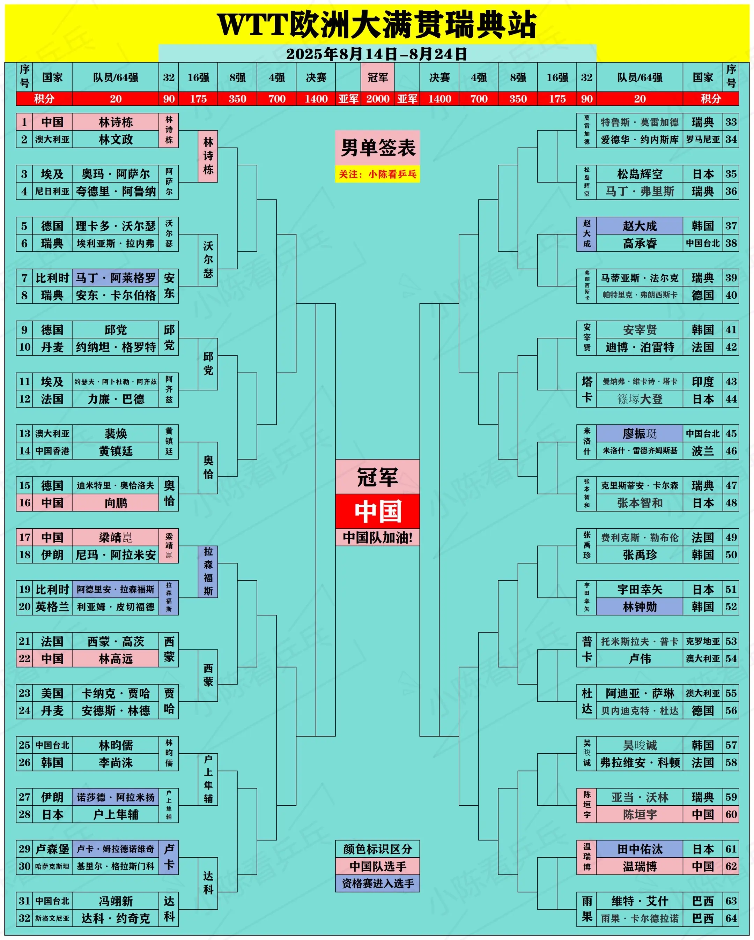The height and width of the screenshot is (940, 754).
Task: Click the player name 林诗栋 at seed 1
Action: click(x=116, y=122)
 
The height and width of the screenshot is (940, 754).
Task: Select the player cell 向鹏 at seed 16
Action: click(x=116, y=503)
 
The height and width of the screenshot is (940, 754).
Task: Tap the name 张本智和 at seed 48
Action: click(x=640, y=503)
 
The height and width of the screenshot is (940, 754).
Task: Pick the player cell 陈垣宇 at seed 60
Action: click(x=640, y=814)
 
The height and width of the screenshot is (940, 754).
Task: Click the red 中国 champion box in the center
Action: click(x=378, y=511)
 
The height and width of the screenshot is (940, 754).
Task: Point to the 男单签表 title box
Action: click(x=378, y=148)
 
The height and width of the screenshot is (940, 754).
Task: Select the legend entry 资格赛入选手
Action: click(x=378, y=883)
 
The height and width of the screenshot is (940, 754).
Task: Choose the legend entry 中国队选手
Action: click(x=378, y=866)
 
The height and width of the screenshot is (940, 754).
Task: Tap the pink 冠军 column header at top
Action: click(x=378, y=77)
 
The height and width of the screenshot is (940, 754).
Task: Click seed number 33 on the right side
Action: click(x=731, y=122)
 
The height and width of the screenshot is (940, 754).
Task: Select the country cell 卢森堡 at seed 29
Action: click(x=52, y=849)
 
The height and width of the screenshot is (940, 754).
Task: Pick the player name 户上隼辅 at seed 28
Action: click(x=116, y=814)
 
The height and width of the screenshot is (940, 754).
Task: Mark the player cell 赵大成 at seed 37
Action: click(x=640, y=226)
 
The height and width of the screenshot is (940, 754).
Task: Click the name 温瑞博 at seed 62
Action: click(x=640, y=866)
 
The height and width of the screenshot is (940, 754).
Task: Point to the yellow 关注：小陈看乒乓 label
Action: click(x=378, y=174)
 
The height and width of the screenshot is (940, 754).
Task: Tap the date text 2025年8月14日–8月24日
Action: click(x=377, y=54)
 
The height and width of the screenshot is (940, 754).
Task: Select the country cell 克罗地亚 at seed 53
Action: click(x=703, y=641)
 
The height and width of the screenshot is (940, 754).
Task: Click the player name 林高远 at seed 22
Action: click(x=116, y=659)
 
